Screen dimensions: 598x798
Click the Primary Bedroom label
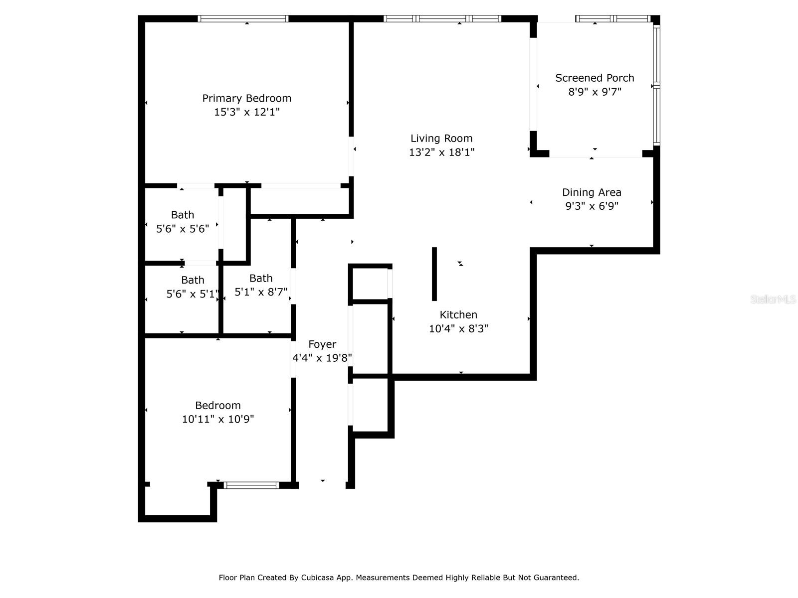tap(246, 98)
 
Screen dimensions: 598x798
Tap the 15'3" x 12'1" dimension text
tap(246, 112)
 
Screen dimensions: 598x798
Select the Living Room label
tap(441, 139)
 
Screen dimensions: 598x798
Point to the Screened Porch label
tap(595, 78)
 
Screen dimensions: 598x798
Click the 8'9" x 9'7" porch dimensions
tap(595, 92)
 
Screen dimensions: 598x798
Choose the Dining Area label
tap(592, 192)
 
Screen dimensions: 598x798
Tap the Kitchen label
tap(458, 315)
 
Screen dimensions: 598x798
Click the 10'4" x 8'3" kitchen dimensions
tap(458, 328)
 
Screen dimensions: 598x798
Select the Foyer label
tap(322, 344)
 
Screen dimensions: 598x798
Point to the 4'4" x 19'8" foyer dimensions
tap(322, 358)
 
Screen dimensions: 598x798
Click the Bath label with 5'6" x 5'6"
tap(183, 215)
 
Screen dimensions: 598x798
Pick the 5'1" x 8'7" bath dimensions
tap(261, 292)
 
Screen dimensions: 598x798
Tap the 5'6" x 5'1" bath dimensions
tap(193, 294)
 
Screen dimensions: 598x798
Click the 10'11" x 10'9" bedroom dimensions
tap(218, 419)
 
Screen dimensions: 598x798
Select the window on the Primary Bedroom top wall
tap(243, 19)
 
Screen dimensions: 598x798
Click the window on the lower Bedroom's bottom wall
tap(251, 485)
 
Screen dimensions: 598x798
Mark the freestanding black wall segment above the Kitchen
tap(434, 274)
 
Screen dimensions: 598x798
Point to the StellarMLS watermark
tap(773, 299)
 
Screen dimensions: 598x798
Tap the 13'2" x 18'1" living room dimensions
tap(441, 152)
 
